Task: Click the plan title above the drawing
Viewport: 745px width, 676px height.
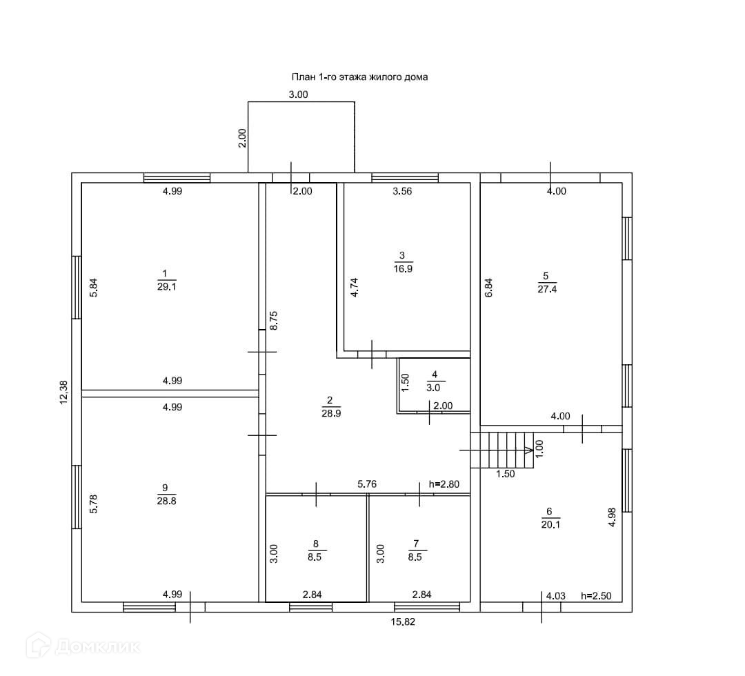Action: (x=359, y=77)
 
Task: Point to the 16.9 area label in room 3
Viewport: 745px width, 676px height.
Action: (x=403, y=269)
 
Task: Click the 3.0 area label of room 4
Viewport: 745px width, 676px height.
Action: (x=435, y=387)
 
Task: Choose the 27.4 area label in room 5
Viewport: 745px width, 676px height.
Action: (x=547, y=290)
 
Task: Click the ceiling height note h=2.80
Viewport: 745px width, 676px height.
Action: (x=444, y=484)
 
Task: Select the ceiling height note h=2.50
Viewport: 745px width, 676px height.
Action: (x=597, y=595)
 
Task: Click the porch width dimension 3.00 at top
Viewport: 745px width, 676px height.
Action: (x=298, y=95)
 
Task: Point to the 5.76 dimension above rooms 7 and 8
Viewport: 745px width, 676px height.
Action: (x=368, y=485)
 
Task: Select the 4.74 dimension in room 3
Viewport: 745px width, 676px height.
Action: (x=355, y=283)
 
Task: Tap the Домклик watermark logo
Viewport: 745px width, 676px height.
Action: (x=83, y=646)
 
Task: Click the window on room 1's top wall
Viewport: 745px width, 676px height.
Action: (x=177, y=177)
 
